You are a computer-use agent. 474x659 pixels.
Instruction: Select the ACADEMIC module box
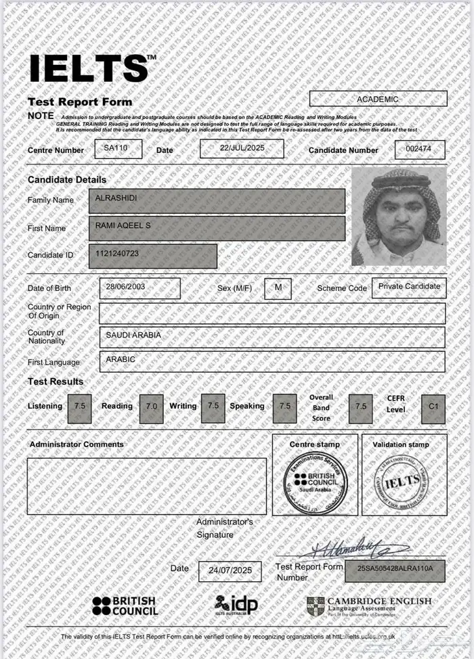378,99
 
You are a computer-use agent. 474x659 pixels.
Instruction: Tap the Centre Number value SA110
118,148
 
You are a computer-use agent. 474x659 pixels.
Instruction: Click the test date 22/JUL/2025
241,148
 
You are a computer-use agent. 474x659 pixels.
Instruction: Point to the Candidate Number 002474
420,149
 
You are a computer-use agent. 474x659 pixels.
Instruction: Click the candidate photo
398,216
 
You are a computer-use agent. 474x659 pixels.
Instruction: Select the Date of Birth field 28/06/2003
139,287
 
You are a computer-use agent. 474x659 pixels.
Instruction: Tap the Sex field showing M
278,288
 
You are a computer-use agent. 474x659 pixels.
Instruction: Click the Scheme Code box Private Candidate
409,287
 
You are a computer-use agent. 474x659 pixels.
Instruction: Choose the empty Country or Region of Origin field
272,313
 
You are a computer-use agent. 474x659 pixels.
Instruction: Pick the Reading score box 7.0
151,408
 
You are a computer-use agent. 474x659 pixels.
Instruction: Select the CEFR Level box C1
433,408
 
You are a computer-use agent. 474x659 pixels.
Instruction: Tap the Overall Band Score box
360,408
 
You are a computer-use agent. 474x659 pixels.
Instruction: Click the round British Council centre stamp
315,482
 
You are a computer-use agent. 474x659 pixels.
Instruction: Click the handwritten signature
352,549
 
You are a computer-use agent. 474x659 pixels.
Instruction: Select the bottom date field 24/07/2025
230,570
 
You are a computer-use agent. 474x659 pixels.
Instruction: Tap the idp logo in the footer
236,604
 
